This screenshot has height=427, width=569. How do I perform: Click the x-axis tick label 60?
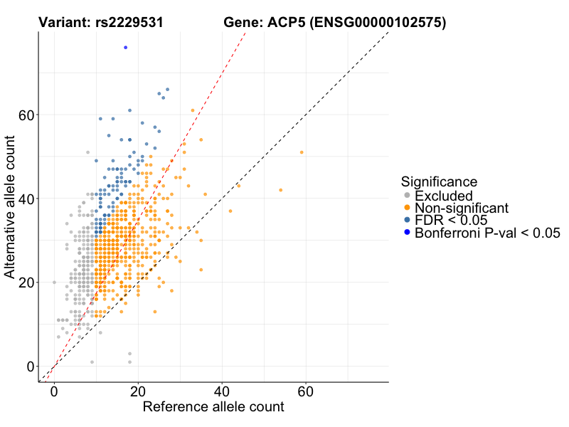306,392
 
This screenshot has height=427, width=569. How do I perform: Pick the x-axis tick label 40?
222,392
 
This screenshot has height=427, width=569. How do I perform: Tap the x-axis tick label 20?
138,392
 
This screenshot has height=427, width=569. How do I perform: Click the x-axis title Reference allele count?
213,408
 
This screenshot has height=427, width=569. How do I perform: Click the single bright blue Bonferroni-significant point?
125,48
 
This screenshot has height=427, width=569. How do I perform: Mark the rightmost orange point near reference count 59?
302,152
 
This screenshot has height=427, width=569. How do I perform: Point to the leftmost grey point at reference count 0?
54,283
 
